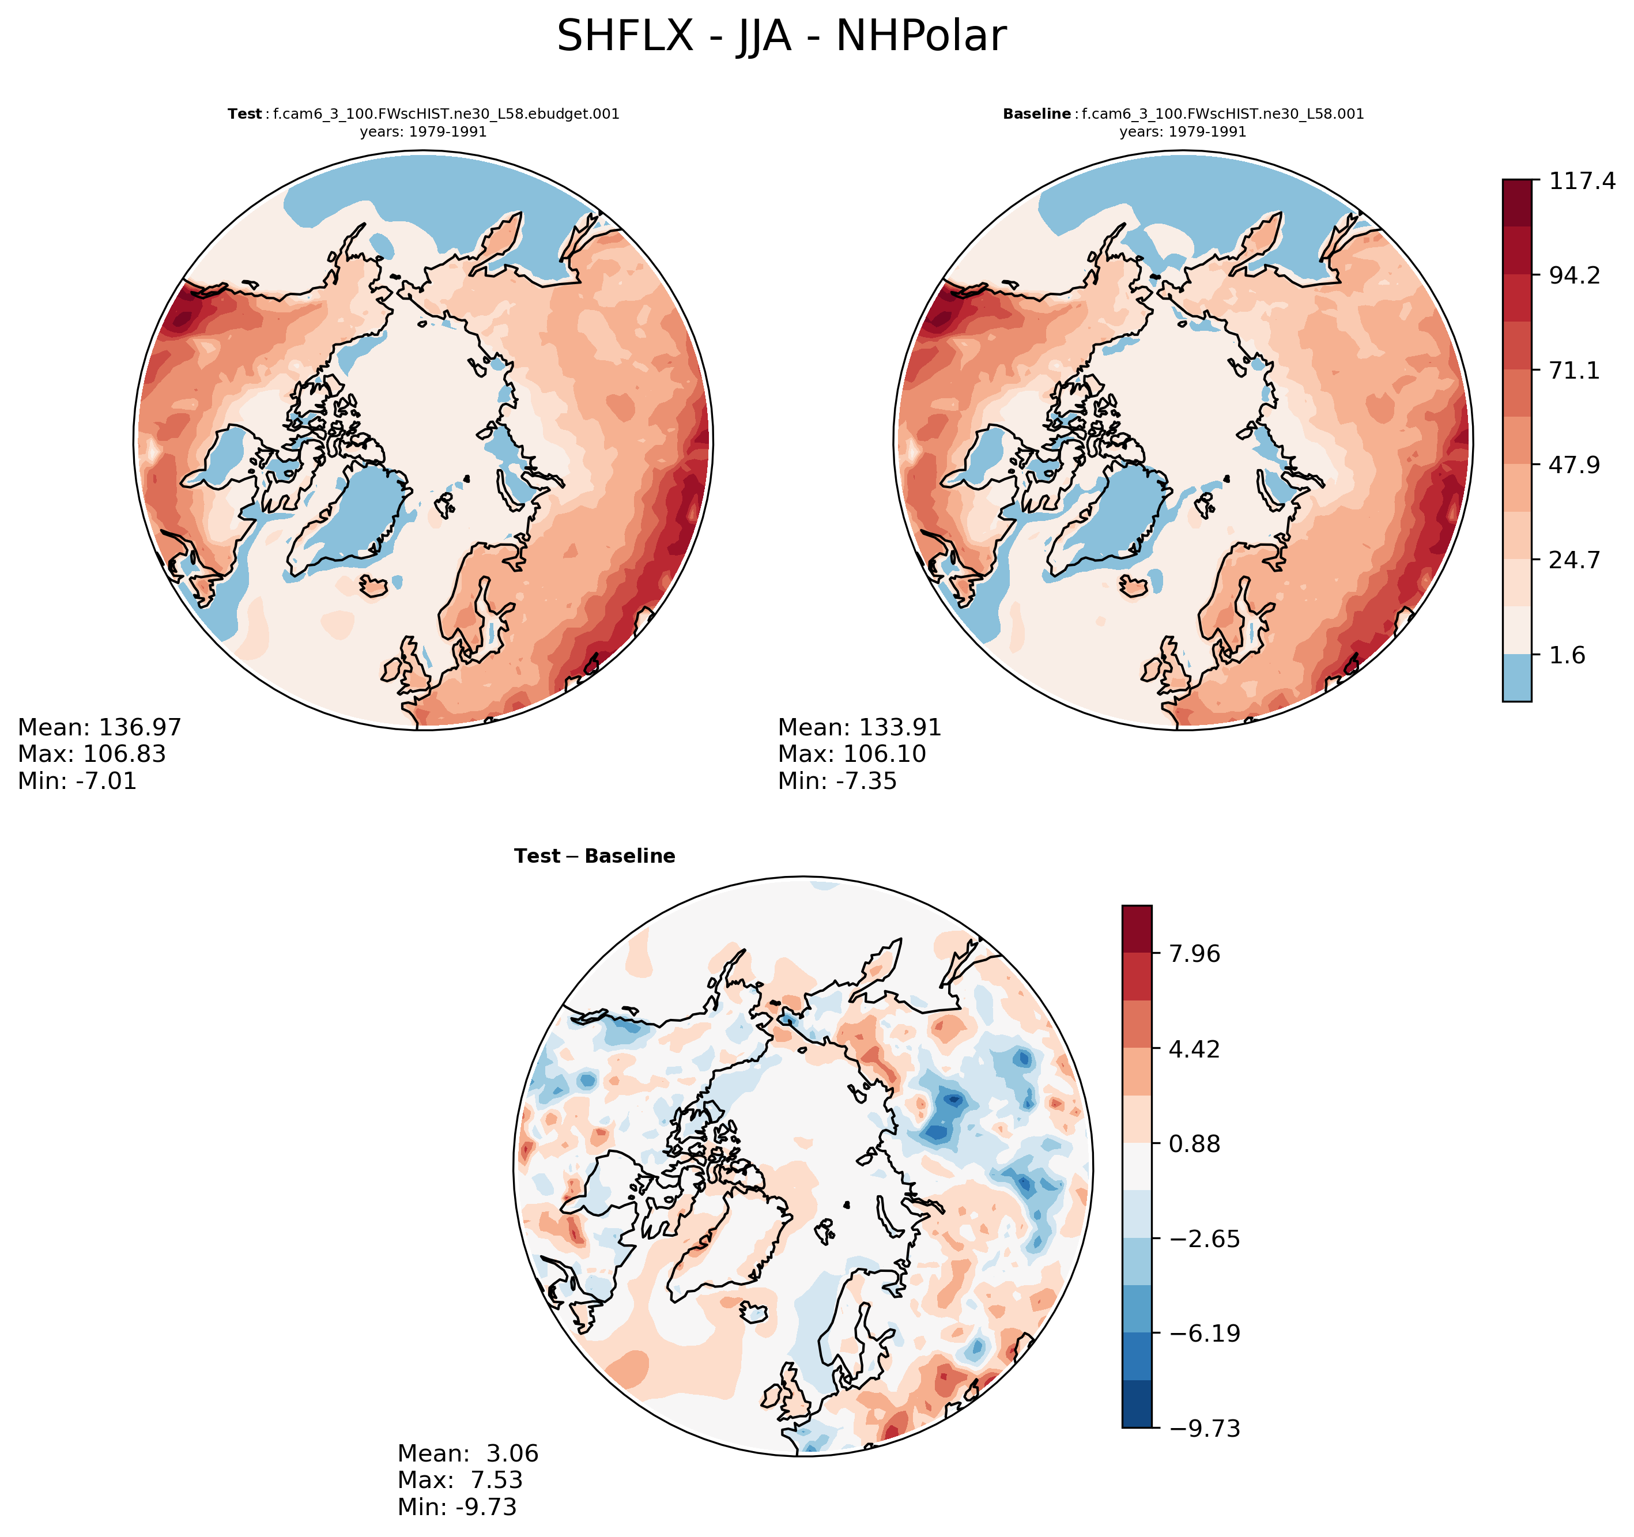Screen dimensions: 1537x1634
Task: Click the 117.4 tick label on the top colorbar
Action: point(1582,181)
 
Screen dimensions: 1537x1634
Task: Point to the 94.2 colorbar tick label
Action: point(1574,275)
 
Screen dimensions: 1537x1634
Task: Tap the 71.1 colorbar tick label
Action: point(1574,371)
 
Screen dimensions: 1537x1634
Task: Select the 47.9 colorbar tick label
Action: point(1574,465)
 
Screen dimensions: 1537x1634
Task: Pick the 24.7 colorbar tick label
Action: point(1574,561)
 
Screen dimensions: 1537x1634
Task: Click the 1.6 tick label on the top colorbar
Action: point(1567,655)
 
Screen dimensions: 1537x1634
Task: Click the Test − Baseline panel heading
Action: point(594,856)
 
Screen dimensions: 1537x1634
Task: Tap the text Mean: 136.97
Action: point(100,727)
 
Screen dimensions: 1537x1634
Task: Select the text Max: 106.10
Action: point(851,754)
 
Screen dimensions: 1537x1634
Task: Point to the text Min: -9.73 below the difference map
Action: point(457,1506)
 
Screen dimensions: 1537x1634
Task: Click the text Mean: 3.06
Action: point(467,1453)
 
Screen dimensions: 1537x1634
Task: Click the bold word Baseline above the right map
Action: point(1036,114)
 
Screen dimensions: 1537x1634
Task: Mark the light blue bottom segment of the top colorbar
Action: point(1516,678)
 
